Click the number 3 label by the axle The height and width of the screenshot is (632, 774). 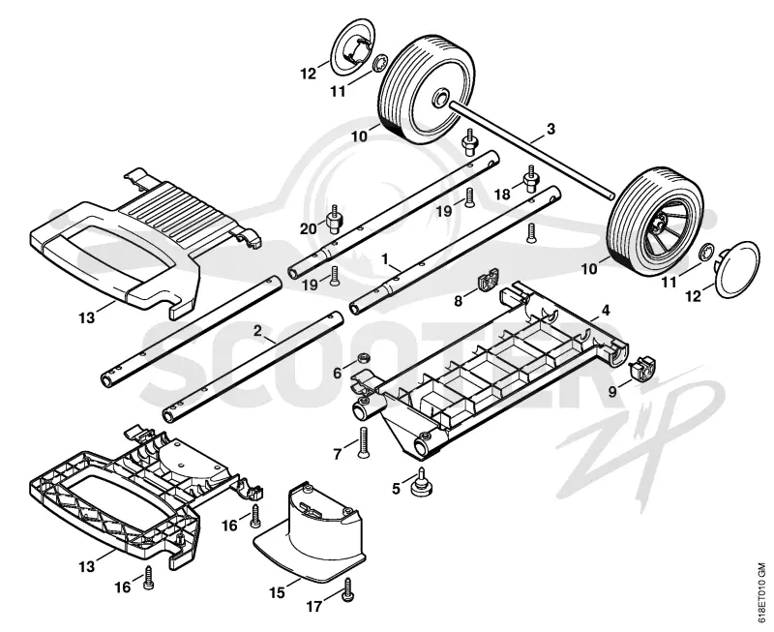pyautogui.click(x=551, y=129)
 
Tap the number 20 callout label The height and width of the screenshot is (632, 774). pyautogui.click(x=309, y=229)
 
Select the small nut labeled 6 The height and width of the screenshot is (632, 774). pyautogui.click(x=365, y=357)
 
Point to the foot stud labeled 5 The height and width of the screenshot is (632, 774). pyautogui.click(x=422, y=481)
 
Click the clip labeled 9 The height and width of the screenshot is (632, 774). pyautogui.click(x=642, y=368)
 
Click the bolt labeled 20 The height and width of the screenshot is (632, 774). pyautogui.click(x=335, y=219)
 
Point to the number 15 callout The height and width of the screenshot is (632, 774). pyautogui.click(x=278, y=592)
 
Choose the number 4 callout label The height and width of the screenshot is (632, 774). pyautogui.click(x=606, y=311)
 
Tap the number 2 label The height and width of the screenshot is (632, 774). pyautogui.click(x=256, y=331)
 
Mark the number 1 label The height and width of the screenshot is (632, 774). pyautogui.click(x=385, y=258)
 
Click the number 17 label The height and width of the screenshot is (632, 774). pyautogui.click(x=313, y=606)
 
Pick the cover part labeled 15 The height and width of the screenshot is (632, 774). pyautogui.click(x=310, y=530)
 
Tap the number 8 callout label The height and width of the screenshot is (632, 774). pyautogui.click(x=458, y=300)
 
